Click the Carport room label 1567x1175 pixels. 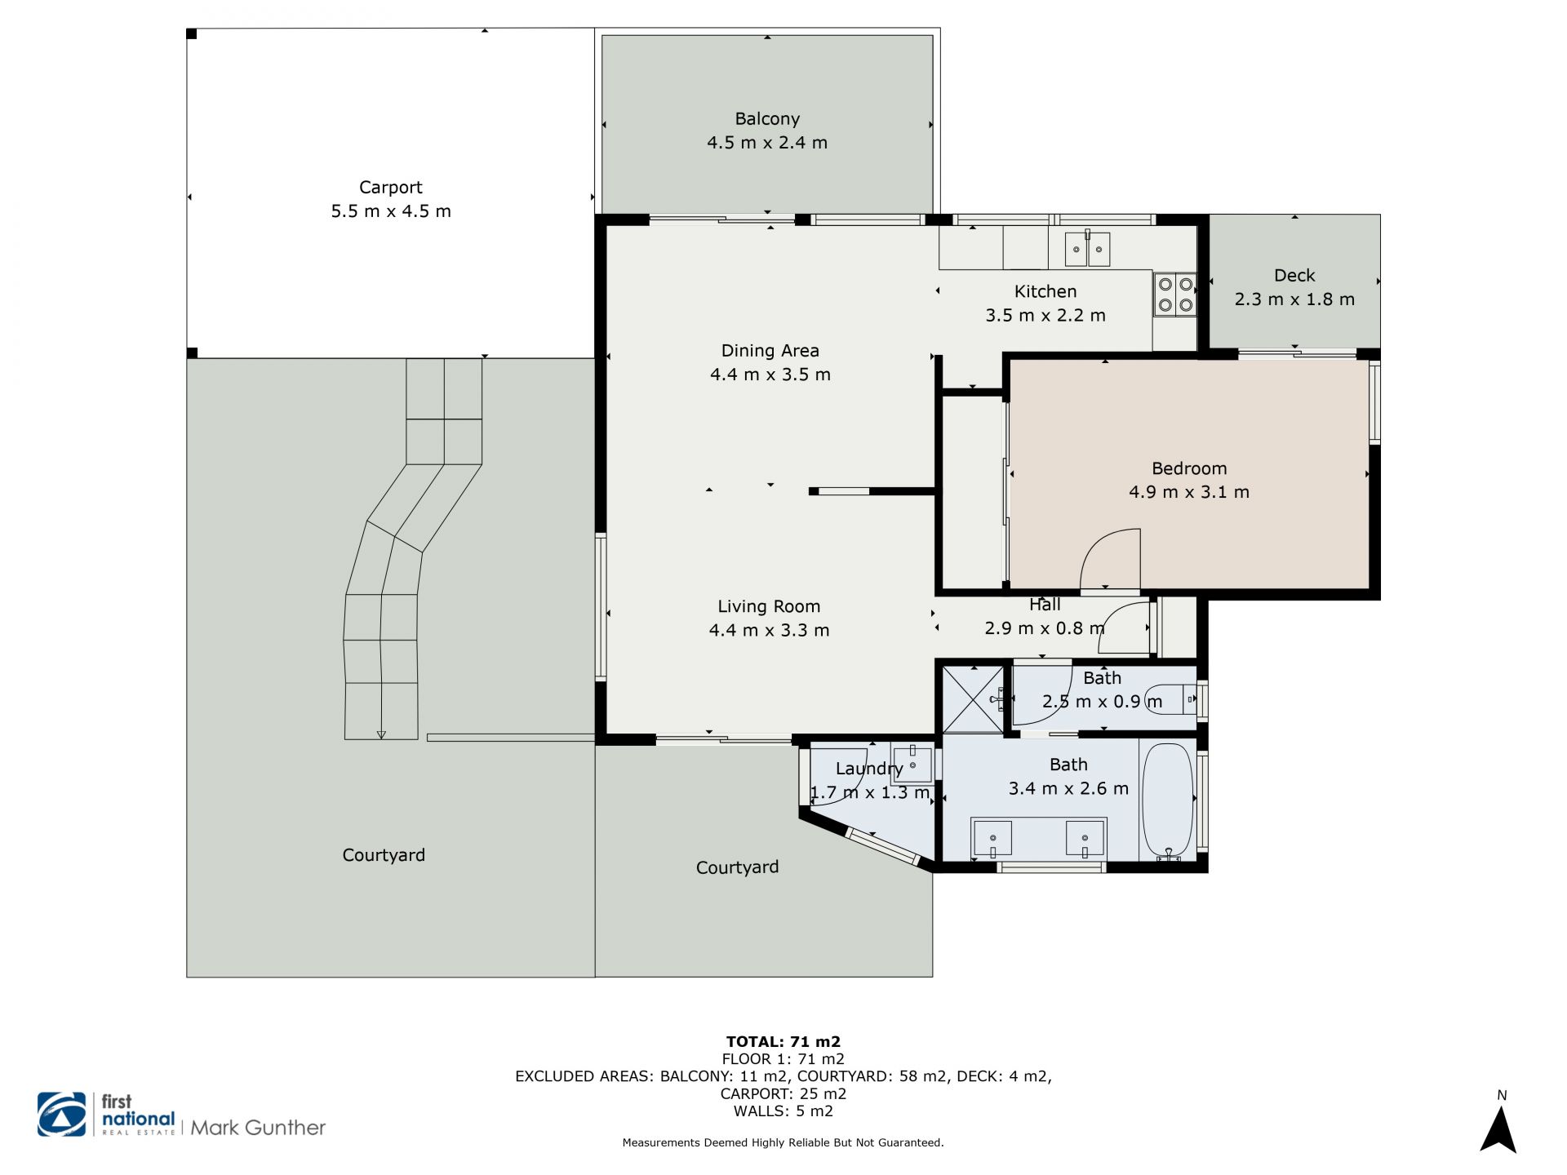tap(390, 188)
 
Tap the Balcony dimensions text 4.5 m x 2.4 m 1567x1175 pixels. tap(767, 143)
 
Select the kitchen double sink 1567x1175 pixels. tap(1087, 248)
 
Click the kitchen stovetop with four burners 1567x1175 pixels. tap(1174, 294)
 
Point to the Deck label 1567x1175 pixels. tap(1294, 276)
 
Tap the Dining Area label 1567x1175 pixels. tap(770, 351)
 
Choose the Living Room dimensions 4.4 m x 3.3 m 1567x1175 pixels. tap(769, 630)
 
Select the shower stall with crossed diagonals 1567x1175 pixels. tap(973, 699)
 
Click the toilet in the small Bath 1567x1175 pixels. tap(1172, 699)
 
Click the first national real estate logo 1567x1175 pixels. tap(106, 1115)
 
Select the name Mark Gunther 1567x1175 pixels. tap(258, 1128)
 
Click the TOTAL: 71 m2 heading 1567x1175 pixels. tap(783, 1041)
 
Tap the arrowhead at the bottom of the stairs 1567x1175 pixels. tap(381, 734)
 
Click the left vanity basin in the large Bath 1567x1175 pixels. tap(992, 838)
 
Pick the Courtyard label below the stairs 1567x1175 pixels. tap(384, 855)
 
